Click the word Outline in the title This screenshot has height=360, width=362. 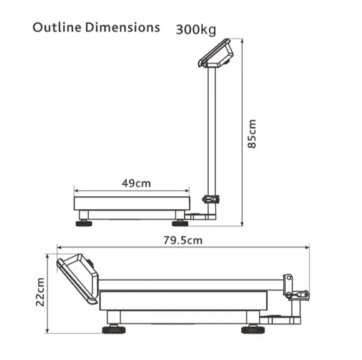57,27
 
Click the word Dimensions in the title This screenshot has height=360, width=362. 123,27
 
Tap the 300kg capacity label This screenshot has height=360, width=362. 196,30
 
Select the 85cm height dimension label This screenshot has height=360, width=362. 251,134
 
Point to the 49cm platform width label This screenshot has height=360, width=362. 136,184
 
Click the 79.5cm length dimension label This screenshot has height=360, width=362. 183,240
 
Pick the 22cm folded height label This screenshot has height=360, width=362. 40,292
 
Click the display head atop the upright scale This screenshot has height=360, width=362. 216,53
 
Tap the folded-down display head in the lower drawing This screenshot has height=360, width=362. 78,279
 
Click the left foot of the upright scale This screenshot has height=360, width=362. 84,223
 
